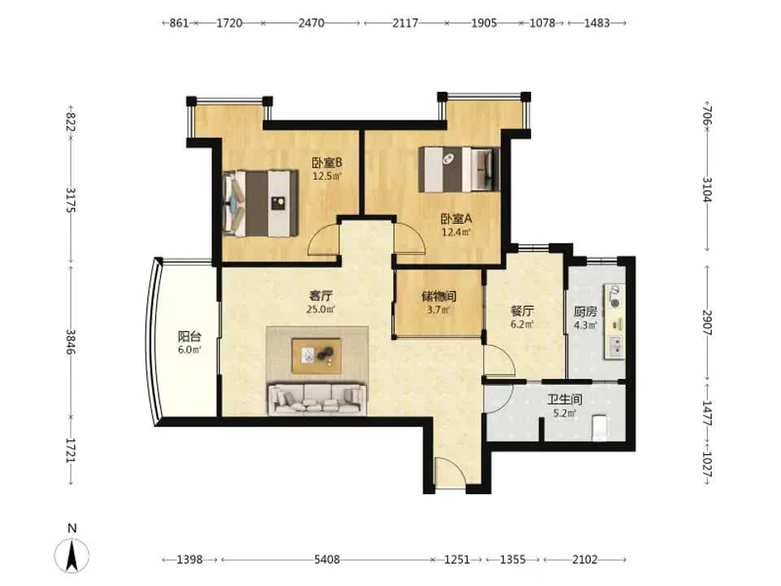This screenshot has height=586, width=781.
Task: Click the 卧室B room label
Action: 327,163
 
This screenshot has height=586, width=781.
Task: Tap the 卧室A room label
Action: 456,218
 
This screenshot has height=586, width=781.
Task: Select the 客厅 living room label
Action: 321,296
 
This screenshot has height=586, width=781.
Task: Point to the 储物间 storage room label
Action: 438,296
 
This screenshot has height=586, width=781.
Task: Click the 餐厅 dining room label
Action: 522,312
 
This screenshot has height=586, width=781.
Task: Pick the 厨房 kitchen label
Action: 585,312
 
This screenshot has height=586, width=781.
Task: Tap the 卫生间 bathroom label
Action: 565,400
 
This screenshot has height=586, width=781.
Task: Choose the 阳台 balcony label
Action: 190,336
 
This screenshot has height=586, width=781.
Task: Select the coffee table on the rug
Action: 316,356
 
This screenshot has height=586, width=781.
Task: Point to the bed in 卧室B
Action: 260,203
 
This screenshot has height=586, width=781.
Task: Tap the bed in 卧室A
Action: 459,169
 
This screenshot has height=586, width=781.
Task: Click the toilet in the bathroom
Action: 600,427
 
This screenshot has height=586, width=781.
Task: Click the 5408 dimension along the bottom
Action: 327,560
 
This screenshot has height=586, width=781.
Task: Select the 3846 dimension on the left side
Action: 72,342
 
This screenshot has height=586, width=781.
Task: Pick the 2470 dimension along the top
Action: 312,23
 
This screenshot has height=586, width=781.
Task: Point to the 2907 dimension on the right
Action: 707,322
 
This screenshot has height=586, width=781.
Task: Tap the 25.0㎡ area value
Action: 321,309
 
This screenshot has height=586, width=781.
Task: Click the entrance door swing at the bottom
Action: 450,473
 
